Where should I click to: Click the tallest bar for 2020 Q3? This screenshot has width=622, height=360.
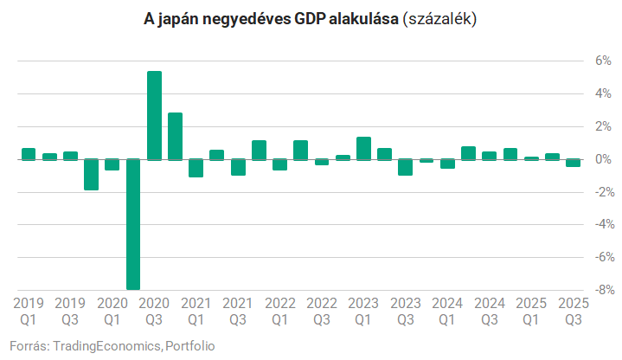154,115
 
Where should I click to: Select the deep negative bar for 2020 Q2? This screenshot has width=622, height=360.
133,224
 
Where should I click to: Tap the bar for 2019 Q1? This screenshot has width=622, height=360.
29,154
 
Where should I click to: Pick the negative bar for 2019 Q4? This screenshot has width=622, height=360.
91,174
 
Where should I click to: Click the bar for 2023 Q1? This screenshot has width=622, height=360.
363,148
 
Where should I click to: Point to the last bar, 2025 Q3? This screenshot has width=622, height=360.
573,163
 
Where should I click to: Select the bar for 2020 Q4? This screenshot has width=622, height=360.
175,136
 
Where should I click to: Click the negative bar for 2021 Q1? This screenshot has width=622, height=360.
196,168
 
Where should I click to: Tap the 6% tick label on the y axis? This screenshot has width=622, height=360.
600,61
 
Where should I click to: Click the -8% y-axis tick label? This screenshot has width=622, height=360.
598,290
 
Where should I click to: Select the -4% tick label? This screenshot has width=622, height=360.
598,224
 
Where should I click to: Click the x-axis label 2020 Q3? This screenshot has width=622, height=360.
154,311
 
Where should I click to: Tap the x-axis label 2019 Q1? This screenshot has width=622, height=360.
29,311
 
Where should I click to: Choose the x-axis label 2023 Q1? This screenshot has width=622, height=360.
363,311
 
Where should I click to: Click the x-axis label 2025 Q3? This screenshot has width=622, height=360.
573,311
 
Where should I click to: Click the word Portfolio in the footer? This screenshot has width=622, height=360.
190,345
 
